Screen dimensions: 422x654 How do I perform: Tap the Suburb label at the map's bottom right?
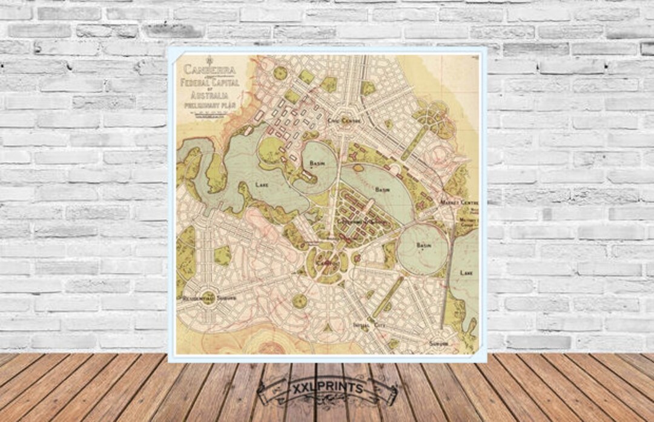point(438,343)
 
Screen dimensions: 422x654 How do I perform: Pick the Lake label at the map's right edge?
point(466,273)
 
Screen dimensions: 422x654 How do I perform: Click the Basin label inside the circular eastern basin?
point(423,245)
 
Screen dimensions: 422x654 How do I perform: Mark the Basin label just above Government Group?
point(383,190)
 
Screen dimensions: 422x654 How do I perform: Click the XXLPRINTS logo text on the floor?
point(327,386)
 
